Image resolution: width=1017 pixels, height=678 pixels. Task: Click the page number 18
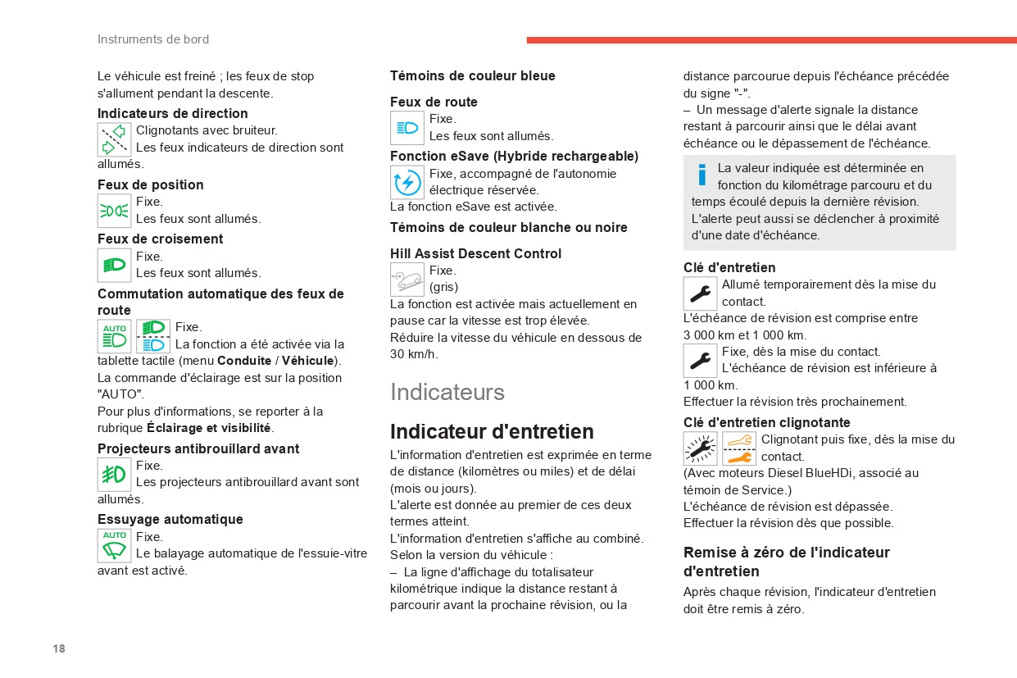coord(59,648)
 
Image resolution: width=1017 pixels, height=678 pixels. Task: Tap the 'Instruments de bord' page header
coord(153,39)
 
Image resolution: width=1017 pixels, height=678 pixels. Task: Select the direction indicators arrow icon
coord(115,139)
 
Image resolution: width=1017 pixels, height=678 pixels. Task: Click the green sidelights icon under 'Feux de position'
coord(115,211)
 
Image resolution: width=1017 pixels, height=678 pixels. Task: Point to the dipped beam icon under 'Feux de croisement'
coord(115,265)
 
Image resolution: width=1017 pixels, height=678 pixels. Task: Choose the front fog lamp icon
coord(115,475)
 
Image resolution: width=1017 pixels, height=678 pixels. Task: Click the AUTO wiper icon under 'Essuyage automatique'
coord(115,545)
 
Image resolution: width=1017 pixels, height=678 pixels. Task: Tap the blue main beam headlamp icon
coord(407,128)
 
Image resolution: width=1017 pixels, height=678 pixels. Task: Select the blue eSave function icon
coord(407,182)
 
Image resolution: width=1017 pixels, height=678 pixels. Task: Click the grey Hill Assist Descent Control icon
coord(407,280)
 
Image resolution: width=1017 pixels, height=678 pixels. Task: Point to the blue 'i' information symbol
coord(701,175)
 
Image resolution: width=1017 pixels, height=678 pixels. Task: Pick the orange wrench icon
coord(739,448)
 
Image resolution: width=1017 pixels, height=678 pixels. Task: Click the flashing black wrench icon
coord(700,448)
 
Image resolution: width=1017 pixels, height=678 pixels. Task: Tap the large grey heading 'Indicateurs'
coord(447,392)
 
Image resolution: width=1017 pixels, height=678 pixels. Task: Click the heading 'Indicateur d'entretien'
coord(492,431)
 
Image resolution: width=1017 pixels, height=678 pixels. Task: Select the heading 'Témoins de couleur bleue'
coord(473,75)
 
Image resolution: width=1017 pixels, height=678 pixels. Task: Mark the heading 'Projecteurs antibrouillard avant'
coord(198,448)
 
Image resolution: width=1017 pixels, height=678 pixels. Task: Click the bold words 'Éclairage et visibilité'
coord(210,428)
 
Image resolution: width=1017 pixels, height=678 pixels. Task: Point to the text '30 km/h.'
coord(414,354)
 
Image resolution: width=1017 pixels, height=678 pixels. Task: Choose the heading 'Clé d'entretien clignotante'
coord(767,422)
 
